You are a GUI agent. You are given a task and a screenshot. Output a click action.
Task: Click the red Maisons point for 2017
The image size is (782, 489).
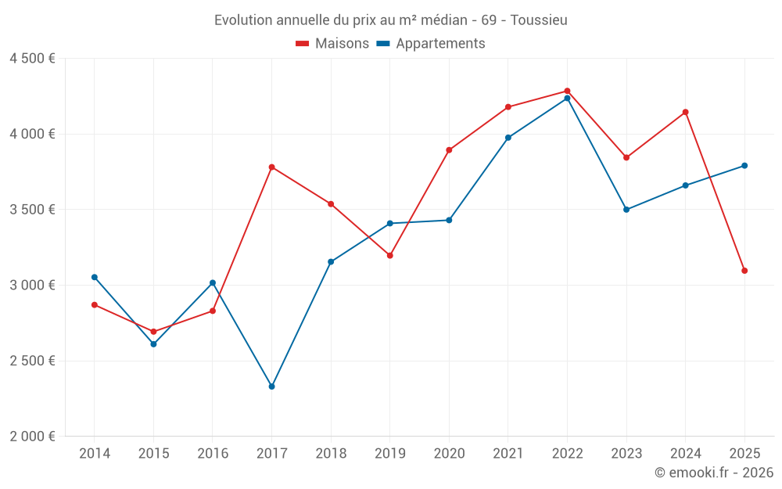coord(271,167)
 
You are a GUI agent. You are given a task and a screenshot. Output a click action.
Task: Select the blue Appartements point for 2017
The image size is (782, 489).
coord(271,387)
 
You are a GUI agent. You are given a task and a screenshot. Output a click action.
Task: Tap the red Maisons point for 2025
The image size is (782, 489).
coord(744,271)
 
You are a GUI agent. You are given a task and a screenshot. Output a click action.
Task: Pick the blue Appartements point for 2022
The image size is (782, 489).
coord(567,98)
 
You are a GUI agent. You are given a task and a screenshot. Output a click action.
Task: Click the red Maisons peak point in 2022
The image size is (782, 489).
coord(567,91)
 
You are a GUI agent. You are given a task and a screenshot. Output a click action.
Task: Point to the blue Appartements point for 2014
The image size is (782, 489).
coord(95,277)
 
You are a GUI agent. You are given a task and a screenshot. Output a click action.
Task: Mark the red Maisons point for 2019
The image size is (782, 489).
coord(389,255)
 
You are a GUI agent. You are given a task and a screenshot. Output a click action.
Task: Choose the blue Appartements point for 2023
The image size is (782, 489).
coord(626,210)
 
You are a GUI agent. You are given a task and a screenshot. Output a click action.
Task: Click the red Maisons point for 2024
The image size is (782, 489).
coord(685,112)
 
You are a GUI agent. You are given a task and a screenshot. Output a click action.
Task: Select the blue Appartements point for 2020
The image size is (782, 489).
coord(449,220)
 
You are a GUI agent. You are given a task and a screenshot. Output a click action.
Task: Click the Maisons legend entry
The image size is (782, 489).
coord(332,44)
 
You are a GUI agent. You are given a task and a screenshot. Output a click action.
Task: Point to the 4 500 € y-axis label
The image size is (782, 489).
coord(32,59)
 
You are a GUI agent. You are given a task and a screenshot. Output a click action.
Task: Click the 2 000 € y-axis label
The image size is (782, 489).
coord(32,437)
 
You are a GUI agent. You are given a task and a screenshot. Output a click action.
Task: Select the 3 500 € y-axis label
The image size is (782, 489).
coord(32,210)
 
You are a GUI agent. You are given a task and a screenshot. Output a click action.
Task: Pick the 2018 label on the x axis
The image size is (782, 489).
coord(331,454)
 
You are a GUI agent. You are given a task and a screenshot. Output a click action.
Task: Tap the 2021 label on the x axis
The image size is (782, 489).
coord(508,454)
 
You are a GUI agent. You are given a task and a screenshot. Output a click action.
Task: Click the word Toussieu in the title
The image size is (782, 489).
coord(539,20)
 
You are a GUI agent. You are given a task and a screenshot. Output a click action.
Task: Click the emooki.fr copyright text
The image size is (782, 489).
coord(714,473)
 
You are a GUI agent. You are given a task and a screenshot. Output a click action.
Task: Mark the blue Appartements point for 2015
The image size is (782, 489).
coord(153,344)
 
